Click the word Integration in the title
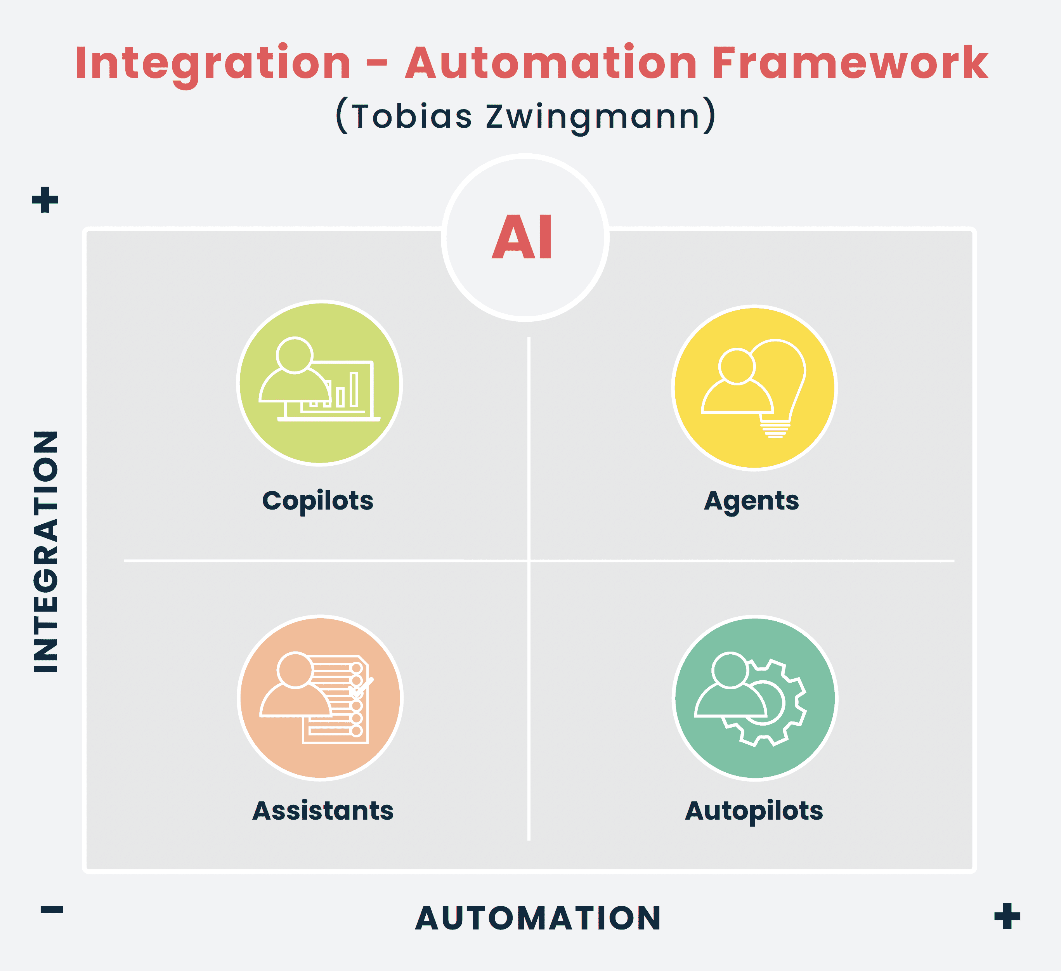coord(213,63)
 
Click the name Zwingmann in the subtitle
coord(593,116)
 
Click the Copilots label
coord(318,501)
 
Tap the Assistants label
coord(322,810)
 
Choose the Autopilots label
coord(754,810)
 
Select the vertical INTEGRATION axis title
coord(46,551)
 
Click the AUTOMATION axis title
coord(538,918)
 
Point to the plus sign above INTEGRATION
coord(45,199)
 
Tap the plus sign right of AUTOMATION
coord(1007,916)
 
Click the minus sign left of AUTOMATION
coord(52,909)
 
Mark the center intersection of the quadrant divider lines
coord(529,561)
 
